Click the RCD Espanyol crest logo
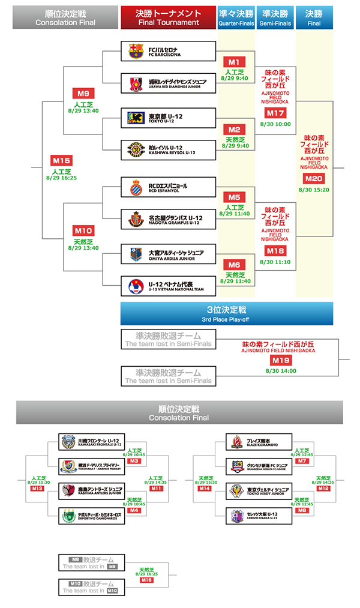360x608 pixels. [x=136, y=187]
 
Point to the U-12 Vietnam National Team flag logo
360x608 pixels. [x=136, y=287]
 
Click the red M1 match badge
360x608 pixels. [x=234, y=62]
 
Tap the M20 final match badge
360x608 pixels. [x=314, y=178]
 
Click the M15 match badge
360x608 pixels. [x=61, y=161]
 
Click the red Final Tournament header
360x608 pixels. [x=167, y=18]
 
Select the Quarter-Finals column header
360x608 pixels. [x=235, y=18]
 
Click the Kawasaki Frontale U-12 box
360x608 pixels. [x=92, y=442]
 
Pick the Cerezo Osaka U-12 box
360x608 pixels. [x=259, y=515]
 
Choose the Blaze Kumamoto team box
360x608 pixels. [x=259, y=442]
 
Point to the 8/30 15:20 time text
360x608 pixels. [x=314, y=189]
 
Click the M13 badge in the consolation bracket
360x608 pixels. [x=37, y=489]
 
